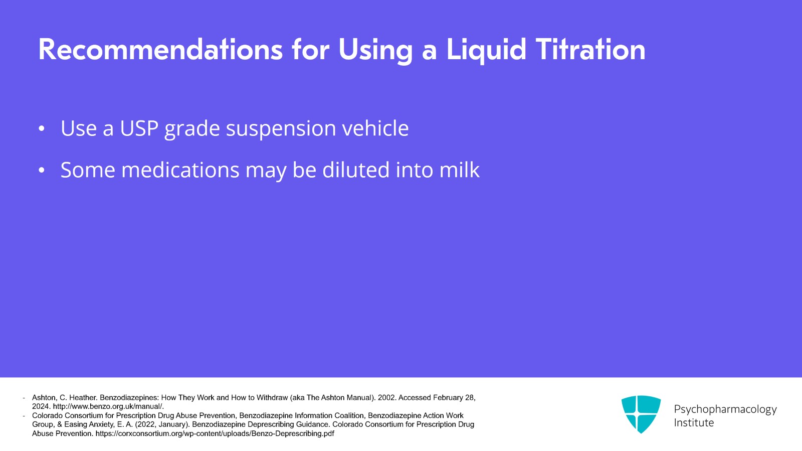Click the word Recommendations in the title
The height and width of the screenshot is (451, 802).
(x=160, y=50)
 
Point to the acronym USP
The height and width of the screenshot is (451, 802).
(x=139, y=128)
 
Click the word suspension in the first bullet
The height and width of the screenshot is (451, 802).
(x=281, y=129)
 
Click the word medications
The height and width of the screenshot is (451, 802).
(x=180, y=170)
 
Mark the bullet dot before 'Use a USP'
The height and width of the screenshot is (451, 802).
(x=42, y=128)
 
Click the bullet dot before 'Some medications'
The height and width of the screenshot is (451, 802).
(x=42, y=170)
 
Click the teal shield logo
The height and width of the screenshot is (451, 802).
(x=641, y=414)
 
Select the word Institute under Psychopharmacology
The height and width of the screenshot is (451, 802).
(x=694, y=423)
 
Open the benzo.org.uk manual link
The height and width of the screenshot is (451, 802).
(x=108, y=406)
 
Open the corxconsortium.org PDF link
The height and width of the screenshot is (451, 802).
(x=215, y=434)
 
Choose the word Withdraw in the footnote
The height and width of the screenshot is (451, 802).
(x=272, y=398)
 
